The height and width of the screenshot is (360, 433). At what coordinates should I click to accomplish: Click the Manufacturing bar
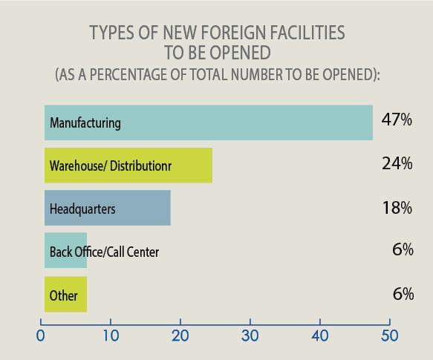208,122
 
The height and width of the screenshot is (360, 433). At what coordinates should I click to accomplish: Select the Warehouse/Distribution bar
128,165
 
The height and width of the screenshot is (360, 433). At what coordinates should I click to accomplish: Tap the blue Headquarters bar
107,209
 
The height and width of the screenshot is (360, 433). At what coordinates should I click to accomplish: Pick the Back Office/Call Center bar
65,251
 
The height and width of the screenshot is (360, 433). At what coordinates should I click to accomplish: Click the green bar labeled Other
65,295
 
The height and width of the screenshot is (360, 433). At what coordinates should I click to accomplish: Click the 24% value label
397,164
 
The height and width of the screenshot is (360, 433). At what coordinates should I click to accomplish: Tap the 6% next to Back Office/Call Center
403,250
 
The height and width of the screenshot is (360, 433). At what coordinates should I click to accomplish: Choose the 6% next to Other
403,294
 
